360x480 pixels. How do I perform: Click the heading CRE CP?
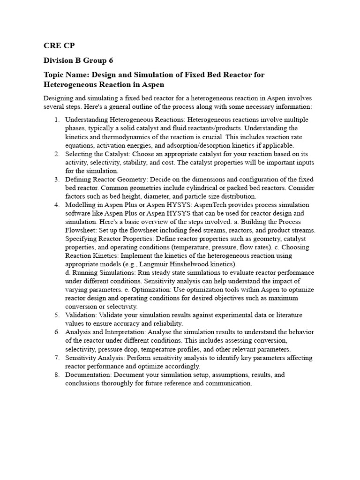pos(59,45)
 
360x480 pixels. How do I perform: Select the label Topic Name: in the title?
pos(66,75)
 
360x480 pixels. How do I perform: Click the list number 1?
pos(56,120)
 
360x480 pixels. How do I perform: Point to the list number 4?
pos(56,205)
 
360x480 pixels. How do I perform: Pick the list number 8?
pos(56,375)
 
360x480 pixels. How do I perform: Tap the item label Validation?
pos(82,315)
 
